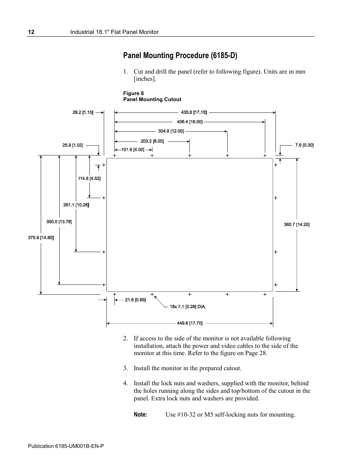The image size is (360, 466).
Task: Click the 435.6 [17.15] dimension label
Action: tap(194, 112)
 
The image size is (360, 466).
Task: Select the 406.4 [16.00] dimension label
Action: tap(190, 121)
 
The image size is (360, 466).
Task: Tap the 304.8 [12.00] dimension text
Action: tap(171, 131)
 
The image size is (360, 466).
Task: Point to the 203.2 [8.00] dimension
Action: tap(152, 141)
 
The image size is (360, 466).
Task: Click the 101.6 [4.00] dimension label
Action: tap(133, 149)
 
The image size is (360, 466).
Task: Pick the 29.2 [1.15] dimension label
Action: tap(83, 112)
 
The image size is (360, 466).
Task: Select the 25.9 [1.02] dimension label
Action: tap(73, 145)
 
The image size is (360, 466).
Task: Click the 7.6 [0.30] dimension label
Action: tap(305, 145)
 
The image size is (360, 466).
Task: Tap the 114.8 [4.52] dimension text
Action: tap(89, 178)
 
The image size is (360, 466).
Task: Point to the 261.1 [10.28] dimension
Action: tap(76, 205)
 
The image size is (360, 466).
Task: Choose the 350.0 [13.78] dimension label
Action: tap(59, 221)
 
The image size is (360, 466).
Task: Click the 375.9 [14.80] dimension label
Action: tap(41, 237)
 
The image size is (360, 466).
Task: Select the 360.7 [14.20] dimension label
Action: tap(297, 225)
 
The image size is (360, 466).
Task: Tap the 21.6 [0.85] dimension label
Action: tap(135, 300)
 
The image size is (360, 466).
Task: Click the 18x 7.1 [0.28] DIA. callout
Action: tap(188, 307)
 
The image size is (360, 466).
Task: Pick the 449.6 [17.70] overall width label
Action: tap(190, 323)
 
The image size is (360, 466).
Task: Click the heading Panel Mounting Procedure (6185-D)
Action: tap(180, 55)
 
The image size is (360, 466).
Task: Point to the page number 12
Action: tap(31, 32)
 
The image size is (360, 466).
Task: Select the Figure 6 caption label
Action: tap(134, 93)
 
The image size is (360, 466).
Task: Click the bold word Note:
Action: tap(140, 414)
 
